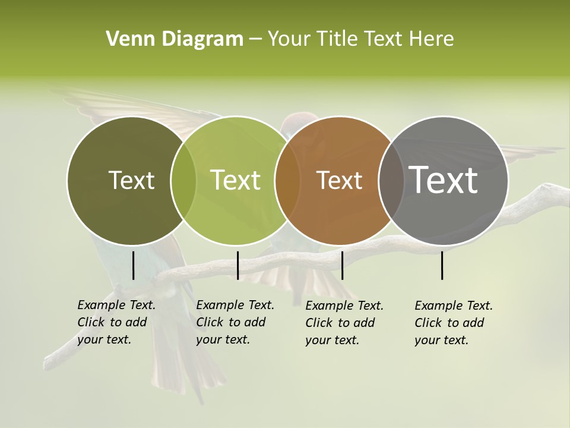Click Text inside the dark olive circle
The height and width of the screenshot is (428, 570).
tap(131, 180)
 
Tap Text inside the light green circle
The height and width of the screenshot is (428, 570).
tap(235, 180)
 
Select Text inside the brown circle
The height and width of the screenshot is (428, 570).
tap(339, 180)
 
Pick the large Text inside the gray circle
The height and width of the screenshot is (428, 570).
tap(444, 180)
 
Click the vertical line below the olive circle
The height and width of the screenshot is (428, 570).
tap(133, 265)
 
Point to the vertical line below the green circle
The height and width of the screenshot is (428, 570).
tap(237, 265)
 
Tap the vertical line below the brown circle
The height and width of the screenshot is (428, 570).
tap(342, 265)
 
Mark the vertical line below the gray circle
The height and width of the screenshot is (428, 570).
tap(442, 265)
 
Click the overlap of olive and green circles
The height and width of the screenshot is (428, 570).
tap(183, 180)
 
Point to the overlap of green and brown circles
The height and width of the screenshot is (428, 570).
tap(287, 180)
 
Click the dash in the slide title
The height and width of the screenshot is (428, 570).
tap(255, 39)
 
